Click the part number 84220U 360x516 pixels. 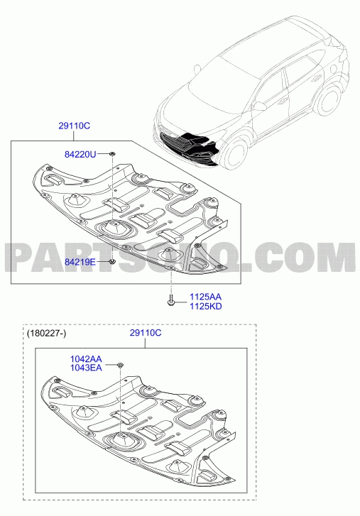click(x=80, y=154)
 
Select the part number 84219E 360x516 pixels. click(x=80, y=262)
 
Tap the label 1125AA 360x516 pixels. click(x=205, y=297)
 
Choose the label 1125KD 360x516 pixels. click(x=205, y=307)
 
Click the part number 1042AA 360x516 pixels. click(x=86, y=358)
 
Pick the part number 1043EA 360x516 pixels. click(x=86, y=368)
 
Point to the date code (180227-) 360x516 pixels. click(x=46, y=334)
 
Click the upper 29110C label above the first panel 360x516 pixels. click(x=75, y=126)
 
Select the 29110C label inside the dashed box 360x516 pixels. click(x=146, y=333)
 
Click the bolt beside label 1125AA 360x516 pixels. click(x=171, y=300)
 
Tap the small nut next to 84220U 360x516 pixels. click(x=112, y=154)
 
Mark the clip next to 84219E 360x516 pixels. click(x=112, y=262)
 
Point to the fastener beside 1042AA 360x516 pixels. click(x=121, y=364)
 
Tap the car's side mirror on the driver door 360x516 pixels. click(x=261, y=106)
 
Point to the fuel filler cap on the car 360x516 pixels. click(x=334, y=68)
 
